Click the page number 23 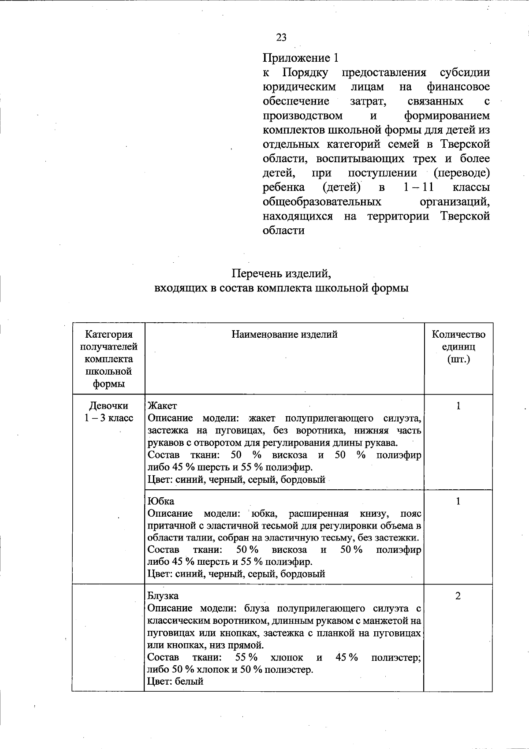point(281,37)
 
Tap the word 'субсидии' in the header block point(465,72)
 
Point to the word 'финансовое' point(458,87)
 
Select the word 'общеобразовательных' point(322,202)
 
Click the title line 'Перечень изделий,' point(281,274)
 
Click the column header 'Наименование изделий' point(284,335)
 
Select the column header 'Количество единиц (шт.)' point(458,347)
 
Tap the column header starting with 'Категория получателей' point(108,359)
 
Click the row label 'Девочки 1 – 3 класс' point(108,412)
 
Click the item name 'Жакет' point(162,406)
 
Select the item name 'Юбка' point(161,501)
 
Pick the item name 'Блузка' point(163,596)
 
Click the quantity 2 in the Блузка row point(458,596)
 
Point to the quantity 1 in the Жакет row point(458,406)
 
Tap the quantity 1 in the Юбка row point(458,501)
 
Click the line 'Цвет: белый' point(175,681)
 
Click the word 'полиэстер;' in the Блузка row point(395,657)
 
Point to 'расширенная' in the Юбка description point(319,514)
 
